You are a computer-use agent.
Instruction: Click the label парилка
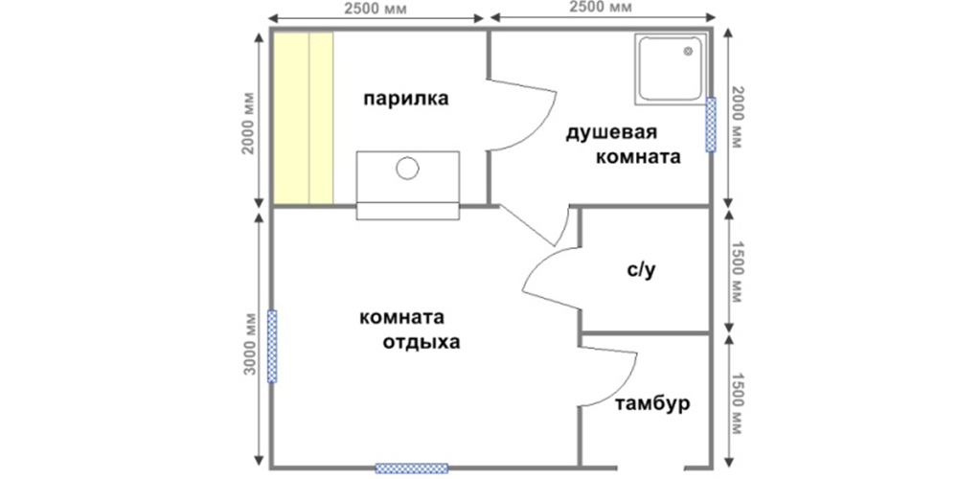[x=405, y=99]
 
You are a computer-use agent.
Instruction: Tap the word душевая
[x=611, y=133]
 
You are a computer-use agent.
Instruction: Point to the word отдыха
[x=422, y=342]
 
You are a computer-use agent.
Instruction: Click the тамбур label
[x=652, y=403]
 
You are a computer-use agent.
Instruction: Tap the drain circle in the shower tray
[x=689, y=52]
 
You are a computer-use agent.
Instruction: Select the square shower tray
[x=671, y=69]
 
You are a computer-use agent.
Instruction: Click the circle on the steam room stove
[x=407, y=168]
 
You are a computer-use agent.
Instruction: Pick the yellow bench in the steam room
[x=303, y=118]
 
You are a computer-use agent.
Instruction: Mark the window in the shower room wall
[x=711, y=125]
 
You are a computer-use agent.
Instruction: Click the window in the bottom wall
[x=411, y=468]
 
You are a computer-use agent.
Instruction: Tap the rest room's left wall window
[x=272, y=347]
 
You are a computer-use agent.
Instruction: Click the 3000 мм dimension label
[x=249, y=343]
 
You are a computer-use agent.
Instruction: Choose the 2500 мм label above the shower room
[x=601, y=7]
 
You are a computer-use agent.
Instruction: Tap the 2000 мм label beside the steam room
[x=249, y=124]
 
